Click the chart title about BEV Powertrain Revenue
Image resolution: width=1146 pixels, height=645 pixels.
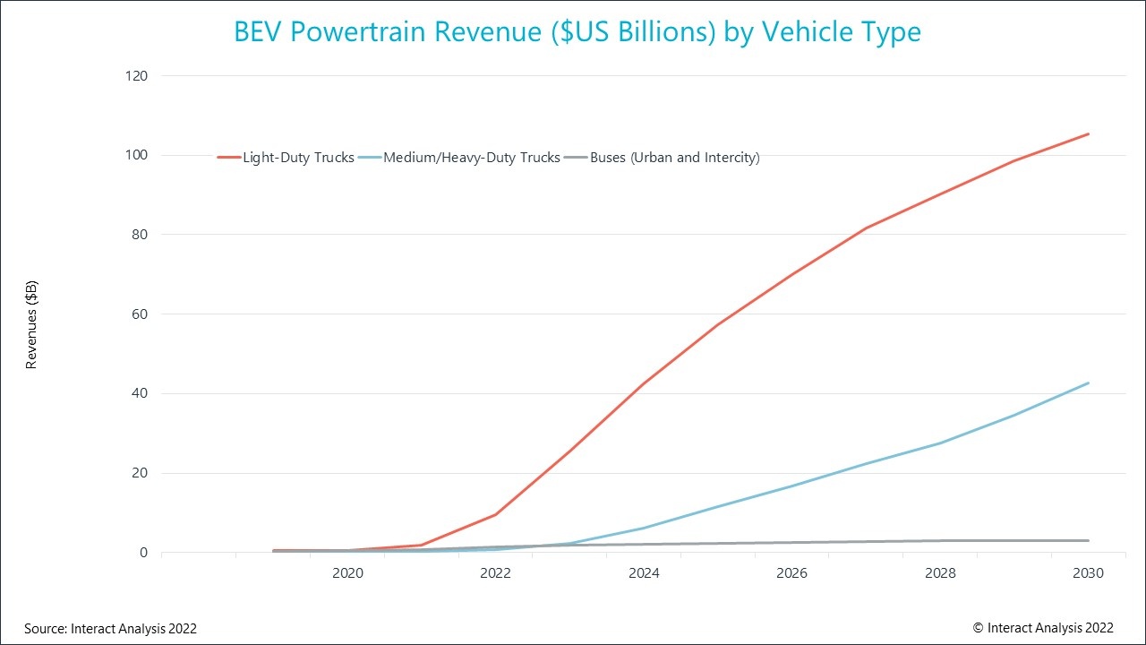pos(577,32)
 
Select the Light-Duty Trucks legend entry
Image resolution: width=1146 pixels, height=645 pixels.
pos(286,158)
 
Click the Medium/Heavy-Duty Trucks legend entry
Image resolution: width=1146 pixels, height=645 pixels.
pos(459,158)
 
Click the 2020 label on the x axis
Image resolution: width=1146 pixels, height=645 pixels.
pos(347,573)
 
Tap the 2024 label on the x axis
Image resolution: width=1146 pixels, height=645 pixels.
pos(644,573)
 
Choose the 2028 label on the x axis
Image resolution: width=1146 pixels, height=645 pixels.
pos(940,573)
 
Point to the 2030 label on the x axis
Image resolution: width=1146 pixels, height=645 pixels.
pos(1088,573)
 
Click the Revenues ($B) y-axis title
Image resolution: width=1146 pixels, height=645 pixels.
pos(31,324)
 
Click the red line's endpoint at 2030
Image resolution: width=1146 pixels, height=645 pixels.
pos(1088,133)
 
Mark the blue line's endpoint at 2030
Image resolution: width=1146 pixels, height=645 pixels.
pos(1088,383)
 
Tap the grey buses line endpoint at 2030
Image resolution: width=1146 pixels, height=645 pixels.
pos(1088,540)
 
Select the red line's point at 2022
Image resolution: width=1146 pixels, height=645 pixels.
pos(495,514)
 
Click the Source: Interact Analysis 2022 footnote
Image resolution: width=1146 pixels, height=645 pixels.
pos(110,629)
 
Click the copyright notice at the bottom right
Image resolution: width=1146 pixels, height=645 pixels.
pos(1043,628)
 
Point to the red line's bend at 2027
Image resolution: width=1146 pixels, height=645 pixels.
pos(866,228)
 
